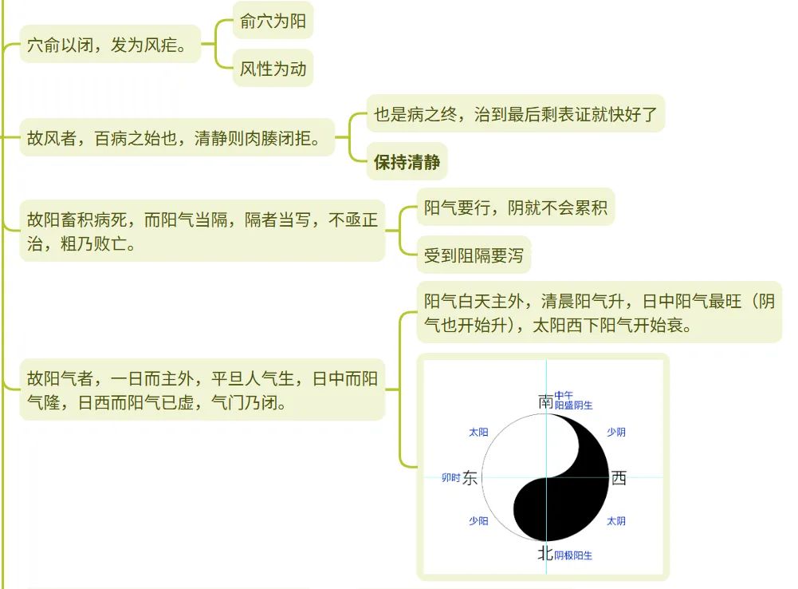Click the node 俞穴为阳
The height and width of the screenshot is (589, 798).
click(273, 22)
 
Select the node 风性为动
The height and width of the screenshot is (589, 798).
click(273, 69)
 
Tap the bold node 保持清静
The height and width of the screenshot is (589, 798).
click(407, 164)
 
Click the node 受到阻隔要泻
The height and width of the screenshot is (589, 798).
click(474, 256)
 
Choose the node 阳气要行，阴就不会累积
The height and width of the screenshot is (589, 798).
click(515, 209)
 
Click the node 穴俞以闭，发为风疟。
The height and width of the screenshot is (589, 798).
click(109, 45)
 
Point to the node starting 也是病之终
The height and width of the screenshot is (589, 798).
click(515, 115)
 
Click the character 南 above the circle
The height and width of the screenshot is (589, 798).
click(545, 401)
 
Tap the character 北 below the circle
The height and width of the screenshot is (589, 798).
click(545, 552)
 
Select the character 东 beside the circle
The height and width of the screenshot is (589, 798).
click(470, 478)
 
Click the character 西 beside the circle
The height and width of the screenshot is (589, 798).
click(619, 478)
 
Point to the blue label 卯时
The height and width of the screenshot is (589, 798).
click(450, 478)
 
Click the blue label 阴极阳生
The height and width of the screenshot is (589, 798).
click(573, 555)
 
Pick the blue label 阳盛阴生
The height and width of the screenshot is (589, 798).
click(573, 405)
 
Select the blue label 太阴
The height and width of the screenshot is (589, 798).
click(616, 521)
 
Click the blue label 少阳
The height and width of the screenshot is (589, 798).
click(478, 521)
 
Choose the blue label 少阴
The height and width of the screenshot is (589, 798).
click(616, 433)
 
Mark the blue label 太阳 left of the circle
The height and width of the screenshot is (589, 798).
click(478, 433)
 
